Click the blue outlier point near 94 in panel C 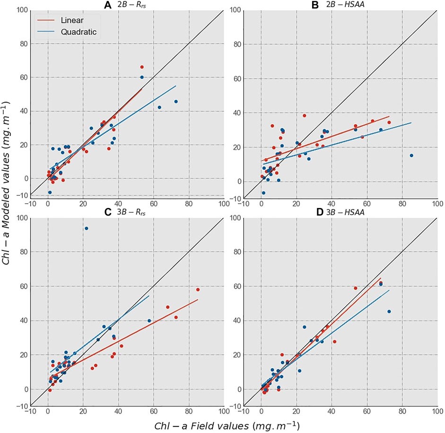86,228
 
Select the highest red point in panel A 141,67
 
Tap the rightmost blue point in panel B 411,156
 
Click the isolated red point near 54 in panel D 356,288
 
